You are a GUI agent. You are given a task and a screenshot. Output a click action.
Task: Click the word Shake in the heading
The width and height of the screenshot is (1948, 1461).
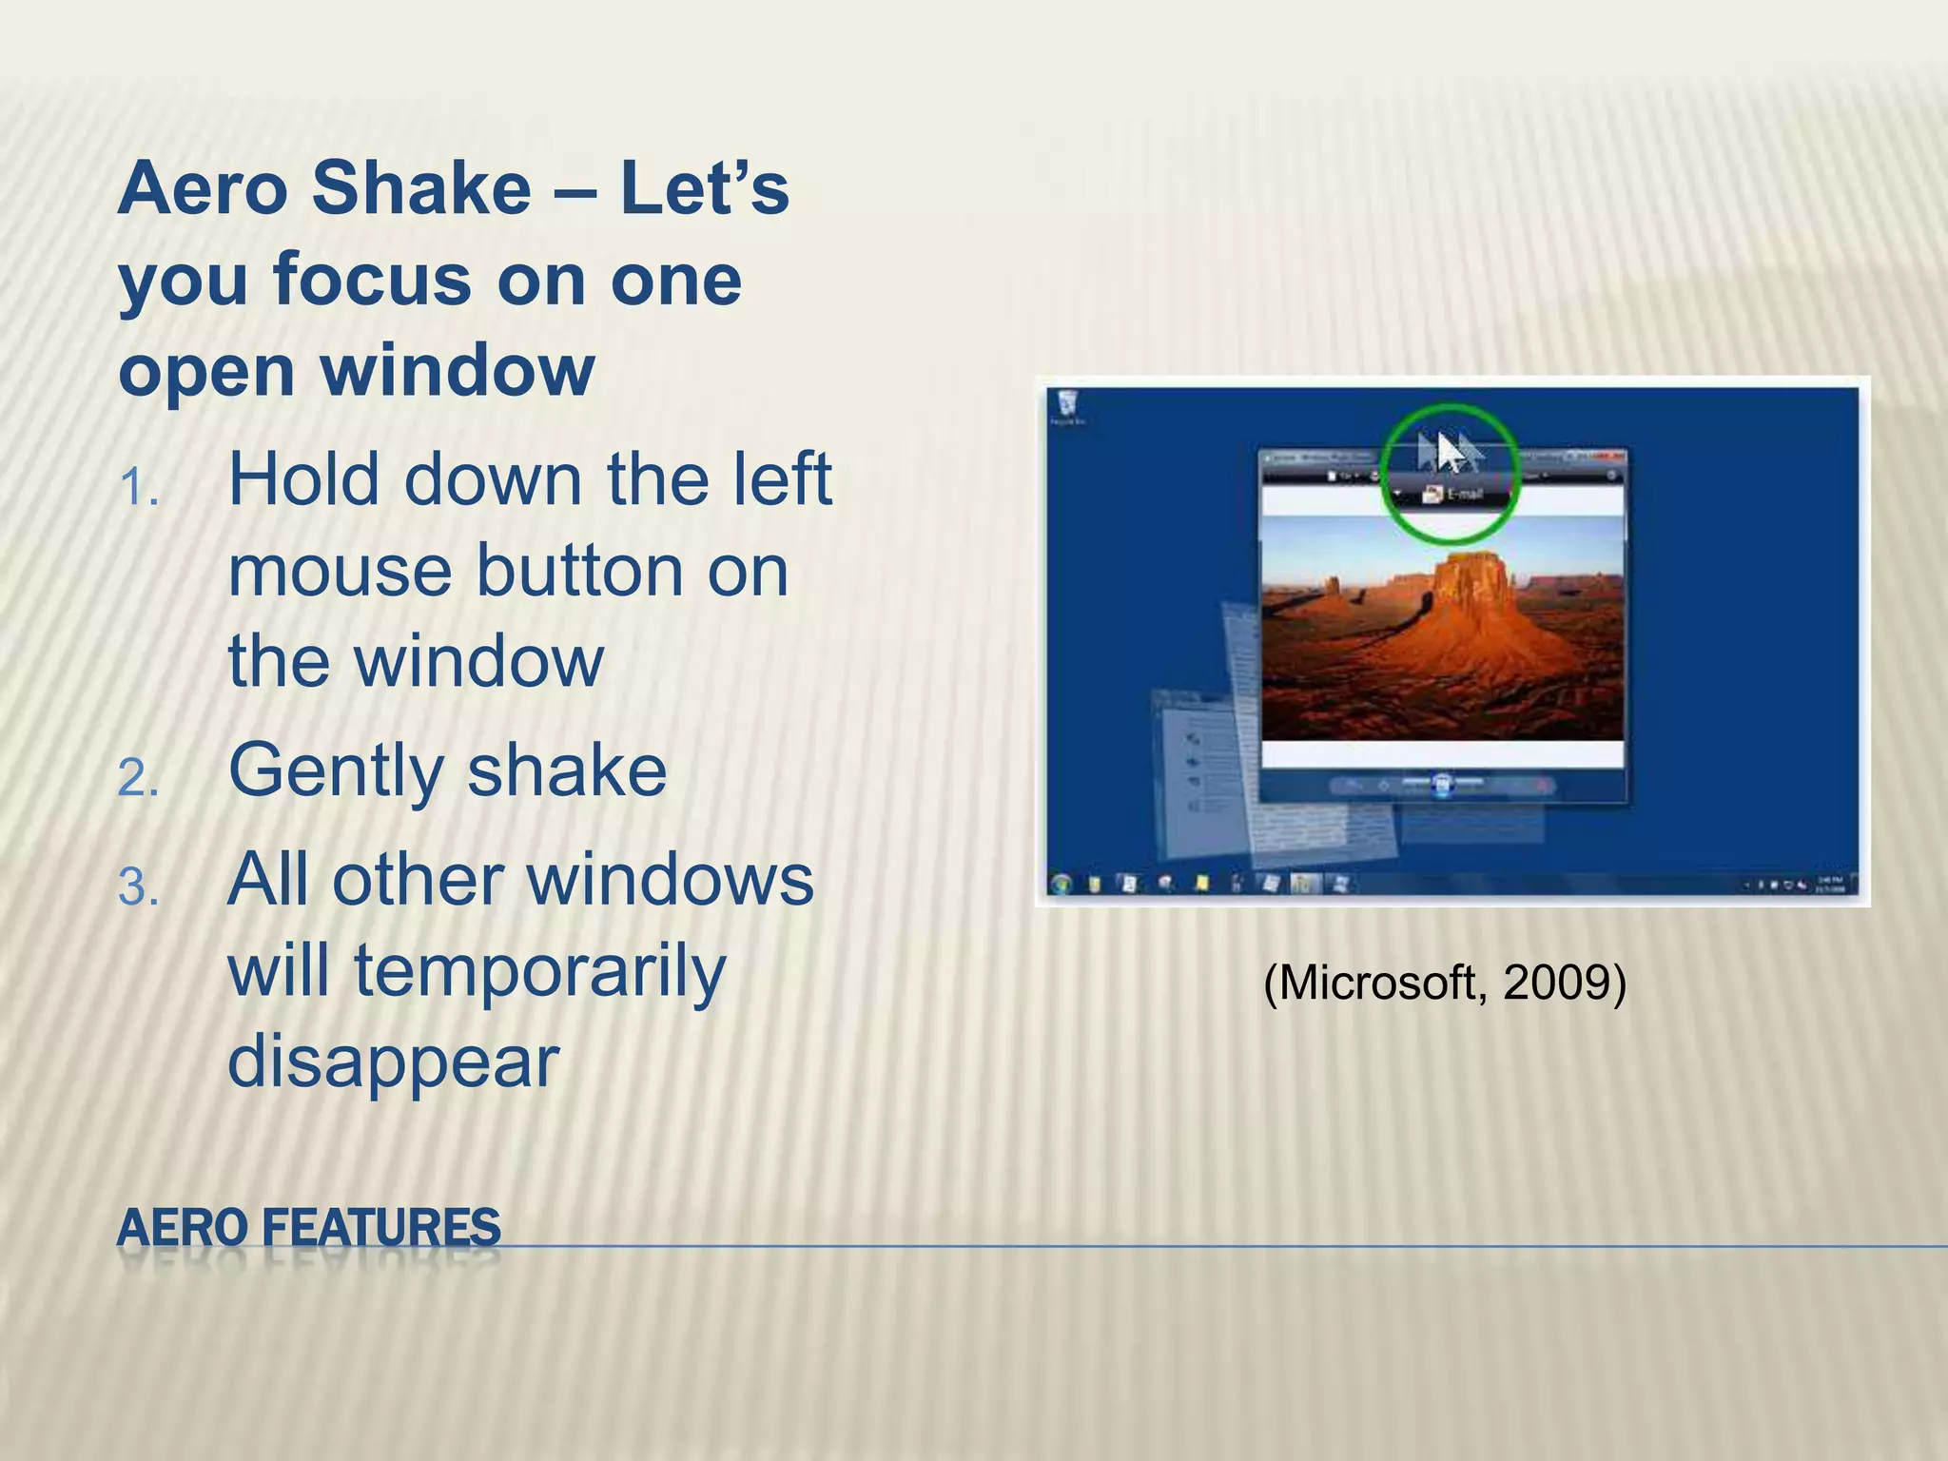[420, 188]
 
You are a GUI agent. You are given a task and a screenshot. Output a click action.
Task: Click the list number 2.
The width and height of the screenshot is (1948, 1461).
[138, 779]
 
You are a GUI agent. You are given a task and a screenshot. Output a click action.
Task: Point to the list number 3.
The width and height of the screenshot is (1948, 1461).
[138, 888]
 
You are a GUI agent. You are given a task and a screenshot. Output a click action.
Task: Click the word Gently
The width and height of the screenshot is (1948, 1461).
[333, 771]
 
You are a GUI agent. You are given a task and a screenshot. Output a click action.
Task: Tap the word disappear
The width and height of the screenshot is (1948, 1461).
[393, 1062]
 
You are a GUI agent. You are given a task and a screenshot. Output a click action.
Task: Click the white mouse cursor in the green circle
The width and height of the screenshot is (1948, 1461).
[1449, 452]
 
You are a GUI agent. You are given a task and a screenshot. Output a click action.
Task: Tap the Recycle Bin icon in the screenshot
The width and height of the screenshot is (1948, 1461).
[1066, 402]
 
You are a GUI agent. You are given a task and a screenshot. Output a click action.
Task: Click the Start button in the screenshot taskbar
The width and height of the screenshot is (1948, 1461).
[1062, 884]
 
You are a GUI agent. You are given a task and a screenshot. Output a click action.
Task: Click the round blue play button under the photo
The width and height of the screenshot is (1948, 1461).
[1442, 785]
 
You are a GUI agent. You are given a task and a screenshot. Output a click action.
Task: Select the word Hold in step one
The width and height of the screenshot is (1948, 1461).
[303, 479]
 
